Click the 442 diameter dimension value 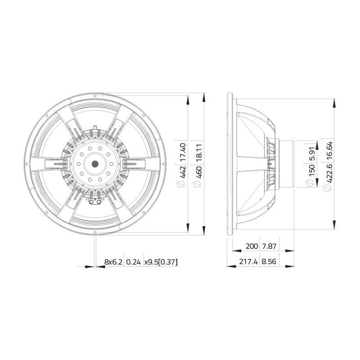click(x=183, y=172)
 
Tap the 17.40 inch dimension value click(x=183, y=152)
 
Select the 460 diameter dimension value click(x=199, y=172)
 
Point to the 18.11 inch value click(x=199, y=153)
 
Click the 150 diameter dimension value click(x=311, y=171)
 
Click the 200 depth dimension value click(x=252, y=246)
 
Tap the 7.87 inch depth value click(x=269, y=246)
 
